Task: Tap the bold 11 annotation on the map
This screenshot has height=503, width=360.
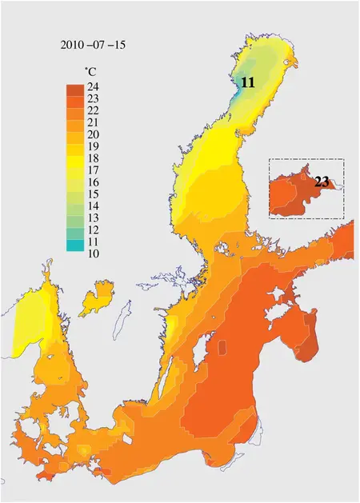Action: click(248, 82)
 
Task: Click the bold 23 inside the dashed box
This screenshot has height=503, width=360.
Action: click(322, 182)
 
